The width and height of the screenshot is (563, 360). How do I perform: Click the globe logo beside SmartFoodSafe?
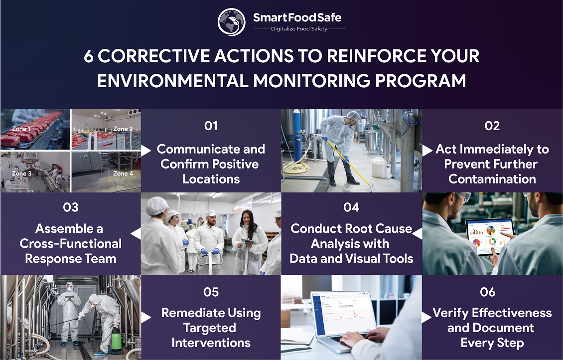(x=232, y=21)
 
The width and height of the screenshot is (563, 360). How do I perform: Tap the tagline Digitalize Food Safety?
(x=299, y=29)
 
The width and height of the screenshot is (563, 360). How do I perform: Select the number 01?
(x=211, y=126)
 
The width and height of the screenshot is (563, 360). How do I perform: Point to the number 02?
(x=492, y=126)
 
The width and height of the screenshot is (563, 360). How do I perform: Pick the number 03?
(x=71, y=207)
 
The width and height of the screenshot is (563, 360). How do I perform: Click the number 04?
(x=351, y=207)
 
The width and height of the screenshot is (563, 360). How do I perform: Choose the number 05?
(x=211, y=292)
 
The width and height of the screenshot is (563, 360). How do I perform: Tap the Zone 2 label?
(x=123, y=129)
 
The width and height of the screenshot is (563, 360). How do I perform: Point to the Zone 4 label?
(x=123, y=174)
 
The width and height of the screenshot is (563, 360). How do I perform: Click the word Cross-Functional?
(x=70, y=244)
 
